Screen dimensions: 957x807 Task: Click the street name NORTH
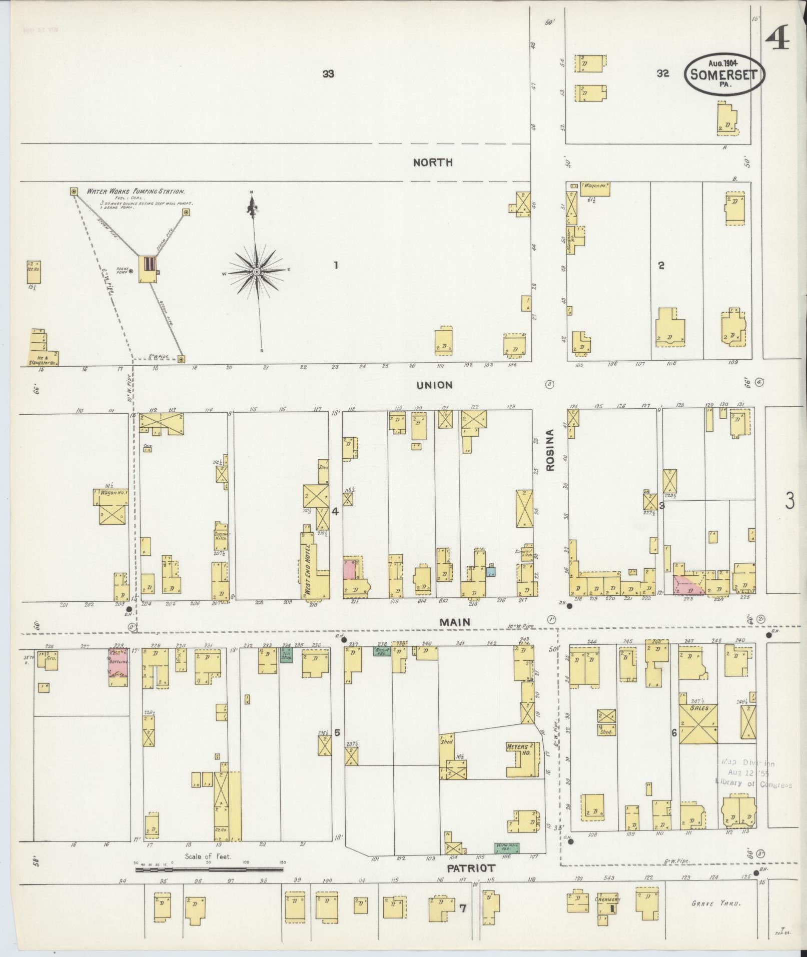pyautogui.click(x=433, y=162)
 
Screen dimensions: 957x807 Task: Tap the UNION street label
pyautogui.click(x=434, y=385)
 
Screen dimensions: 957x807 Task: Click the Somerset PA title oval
pyautogui.click(x=725, y=75)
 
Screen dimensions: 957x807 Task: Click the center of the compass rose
pyautogui.click(x=257, y=271)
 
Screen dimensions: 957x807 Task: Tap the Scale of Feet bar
pyautogui.click(x=209, y=869)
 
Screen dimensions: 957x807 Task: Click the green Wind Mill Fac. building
pyautogui.click(x=506, y=847)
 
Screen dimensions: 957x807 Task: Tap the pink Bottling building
pyautogui.click(x=119, y=663)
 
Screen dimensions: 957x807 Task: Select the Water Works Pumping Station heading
pyautogui.click(x=136, y=191)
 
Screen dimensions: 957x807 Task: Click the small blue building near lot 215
pyautogui.click(x=491, y=571)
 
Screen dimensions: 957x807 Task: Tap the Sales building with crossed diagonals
pyautogui.click(x=698, y=723)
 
